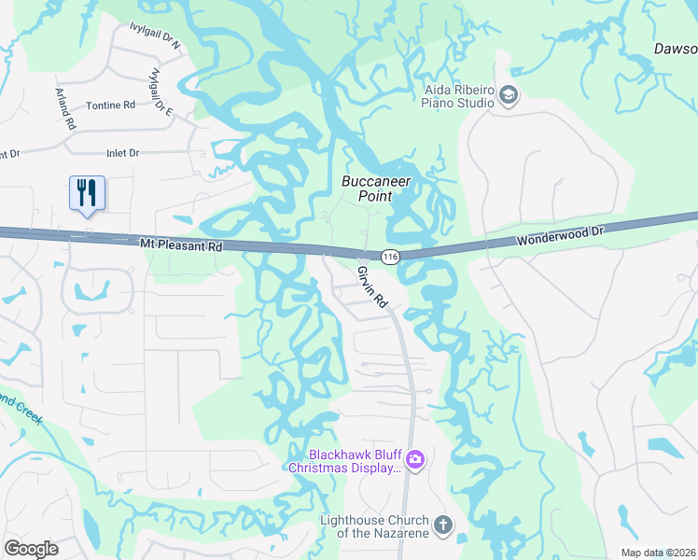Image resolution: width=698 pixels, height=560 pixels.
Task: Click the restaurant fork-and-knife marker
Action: click(87, 193)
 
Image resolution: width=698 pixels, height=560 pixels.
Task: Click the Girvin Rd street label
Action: click(372, 287)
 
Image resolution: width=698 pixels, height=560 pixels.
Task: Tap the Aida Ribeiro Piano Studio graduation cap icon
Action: click(509, 95)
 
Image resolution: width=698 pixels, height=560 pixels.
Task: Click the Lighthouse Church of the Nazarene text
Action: click(374, 526)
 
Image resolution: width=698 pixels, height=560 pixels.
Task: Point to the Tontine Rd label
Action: click(110, 106)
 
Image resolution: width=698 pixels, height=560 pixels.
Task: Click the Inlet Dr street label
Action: click(122, 152)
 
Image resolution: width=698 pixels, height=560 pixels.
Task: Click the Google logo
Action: click(31, 549)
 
